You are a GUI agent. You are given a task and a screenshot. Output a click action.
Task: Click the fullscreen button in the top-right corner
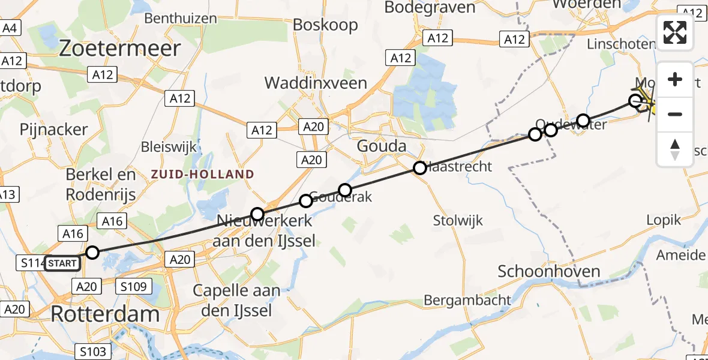pyautogui.click(x=675, y=32)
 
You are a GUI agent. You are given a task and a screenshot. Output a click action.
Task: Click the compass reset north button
pyautogui.click(x=675, y=149)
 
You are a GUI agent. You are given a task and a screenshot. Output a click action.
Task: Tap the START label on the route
pyautogui.click(x=62, y=263)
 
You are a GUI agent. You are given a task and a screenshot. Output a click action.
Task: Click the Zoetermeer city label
pyautogui.click(x=120, y=49)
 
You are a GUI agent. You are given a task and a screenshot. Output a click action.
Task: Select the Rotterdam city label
pyautogui.click(x=105, y=313)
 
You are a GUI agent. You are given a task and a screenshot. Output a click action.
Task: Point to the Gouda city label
pyautogui.click(x=381, y=146)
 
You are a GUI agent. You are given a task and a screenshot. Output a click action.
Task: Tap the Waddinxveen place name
pyautogui.click(x=316, y=83)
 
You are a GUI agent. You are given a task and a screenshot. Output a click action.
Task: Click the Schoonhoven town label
pyautogui.click(x=549, y=271)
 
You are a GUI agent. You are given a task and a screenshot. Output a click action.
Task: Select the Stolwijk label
pyautogui.click(x=458, y=221)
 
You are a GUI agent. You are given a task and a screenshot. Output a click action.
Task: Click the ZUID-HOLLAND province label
pyautogui.click(x=202, y=175)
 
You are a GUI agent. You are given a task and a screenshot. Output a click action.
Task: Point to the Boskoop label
pyautogui.click(x=325, y=25)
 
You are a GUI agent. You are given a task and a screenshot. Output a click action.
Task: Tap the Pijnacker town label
pyautogui.click(x=54, y=129)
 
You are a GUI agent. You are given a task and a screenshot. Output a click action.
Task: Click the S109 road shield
pyautogui.click(x=133, y=287)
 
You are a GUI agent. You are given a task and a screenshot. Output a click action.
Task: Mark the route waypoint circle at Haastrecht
pyautogui.click(x=420, y=168)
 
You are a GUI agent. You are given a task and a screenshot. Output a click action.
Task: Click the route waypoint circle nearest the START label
pyautogui.click(x=92, y=252)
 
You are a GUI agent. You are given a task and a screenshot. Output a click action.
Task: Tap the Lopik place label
pyautogui.click(x=664, y=220)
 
